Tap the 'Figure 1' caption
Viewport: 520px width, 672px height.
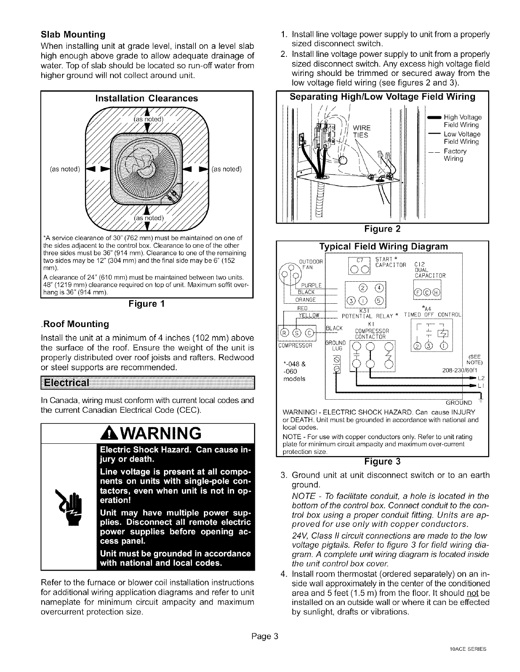tap(146, 304)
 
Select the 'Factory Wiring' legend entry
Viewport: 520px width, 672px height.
tap(455, 155)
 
